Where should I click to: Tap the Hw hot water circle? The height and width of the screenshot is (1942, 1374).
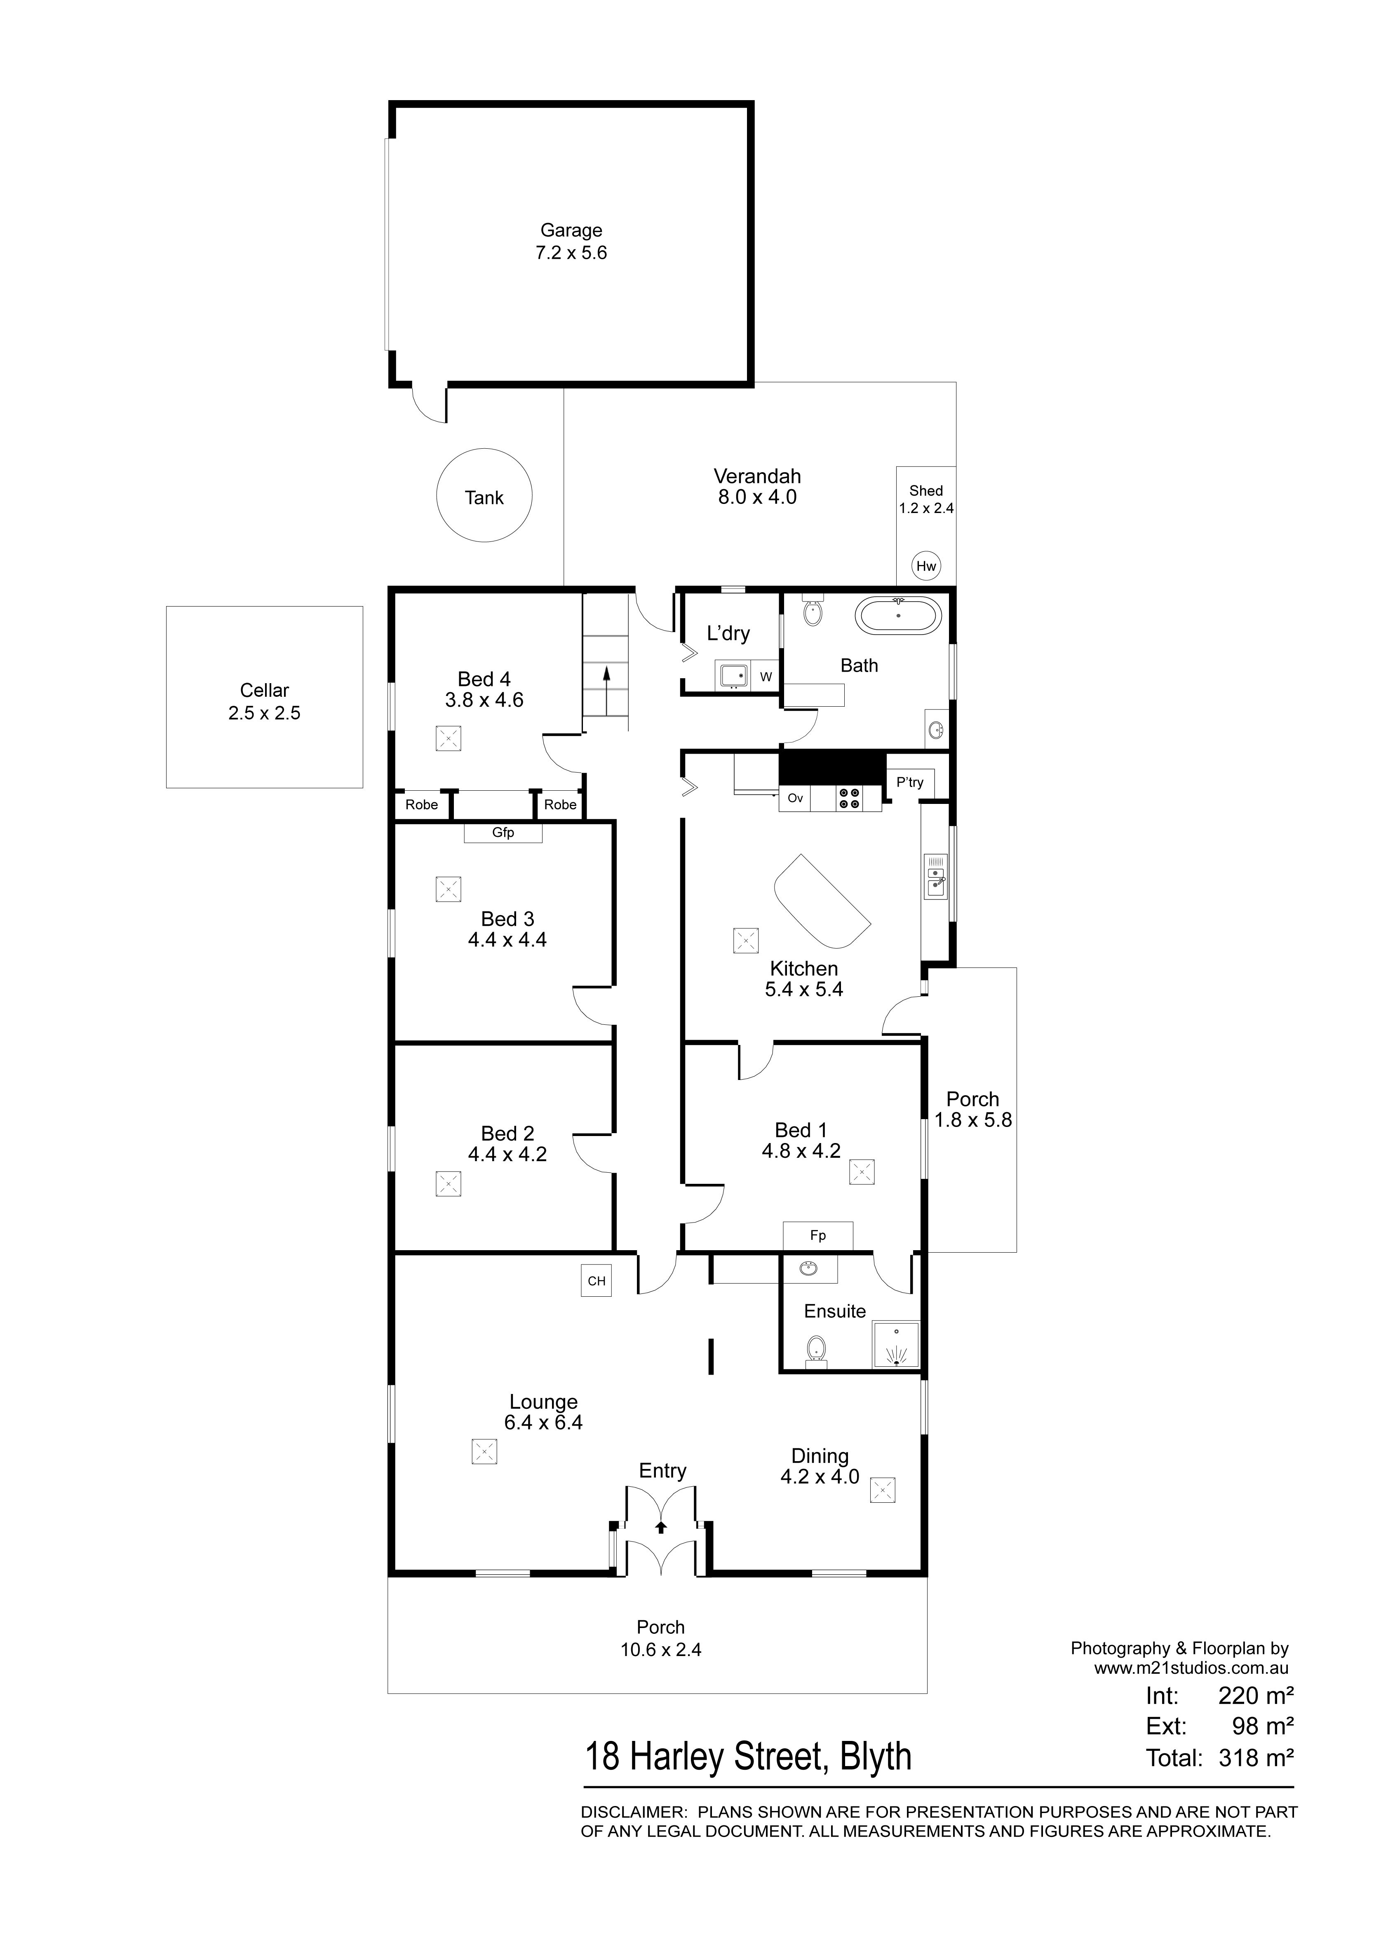[926, 566]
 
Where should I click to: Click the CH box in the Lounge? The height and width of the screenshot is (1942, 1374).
[597, 1281]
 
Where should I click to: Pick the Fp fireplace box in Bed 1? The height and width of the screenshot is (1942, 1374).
[818, 1236]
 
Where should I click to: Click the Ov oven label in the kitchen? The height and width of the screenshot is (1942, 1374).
[795, 798]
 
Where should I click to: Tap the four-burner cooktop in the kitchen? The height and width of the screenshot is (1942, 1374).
[850, 799]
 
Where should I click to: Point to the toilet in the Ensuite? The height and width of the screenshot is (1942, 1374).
[817, 1350]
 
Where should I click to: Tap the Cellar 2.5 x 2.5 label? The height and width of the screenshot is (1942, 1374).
[264, 701]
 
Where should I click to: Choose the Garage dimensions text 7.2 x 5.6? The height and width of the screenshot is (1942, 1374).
[571, 253]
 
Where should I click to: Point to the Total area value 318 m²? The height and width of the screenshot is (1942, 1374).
[1257, 1758]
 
